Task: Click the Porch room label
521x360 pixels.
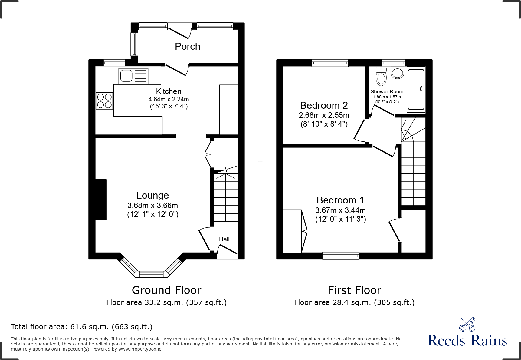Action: tap(188, 46)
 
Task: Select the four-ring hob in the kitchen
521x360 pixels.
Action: tap(104, 101)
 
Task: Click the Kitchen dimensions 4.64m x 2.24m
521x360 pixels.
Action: tap(169, 99)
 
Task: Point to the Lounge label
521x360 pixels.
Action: tap(152, 195)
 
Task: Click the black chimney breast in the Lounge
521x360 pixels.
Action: tap(101, 200)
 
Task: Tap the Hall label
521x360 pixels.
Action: tap(224, 239)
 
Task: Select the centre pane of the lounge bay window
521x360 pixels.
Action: tap(151, 274)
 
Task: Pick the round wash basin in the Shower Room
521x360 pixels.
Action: tap(397, 73)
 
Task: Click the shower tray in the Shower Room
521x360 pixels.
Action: tap(416, 89)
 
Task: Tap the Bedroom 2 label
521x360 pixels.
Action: tap(324, 105)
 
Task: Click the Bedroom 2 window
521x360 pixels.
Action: tap(330, 63)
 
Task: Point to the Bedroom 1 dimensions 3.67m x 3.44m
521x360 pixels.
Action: tap(340, 210)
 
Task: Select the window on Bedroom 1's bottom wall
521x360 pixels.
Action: tap(341, 256)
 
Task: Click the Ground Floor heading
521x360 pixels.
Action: tap(166, 290)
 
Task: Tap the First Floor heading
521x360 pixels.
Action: tap(354, 290)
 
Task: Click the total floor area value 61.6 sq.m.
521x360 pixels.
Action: tap(89, 327)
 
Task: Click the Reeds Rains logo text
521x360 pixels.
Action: tap(467, 341)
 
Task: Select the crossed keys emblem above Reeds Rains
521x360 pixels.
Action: tap(467, 324)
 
